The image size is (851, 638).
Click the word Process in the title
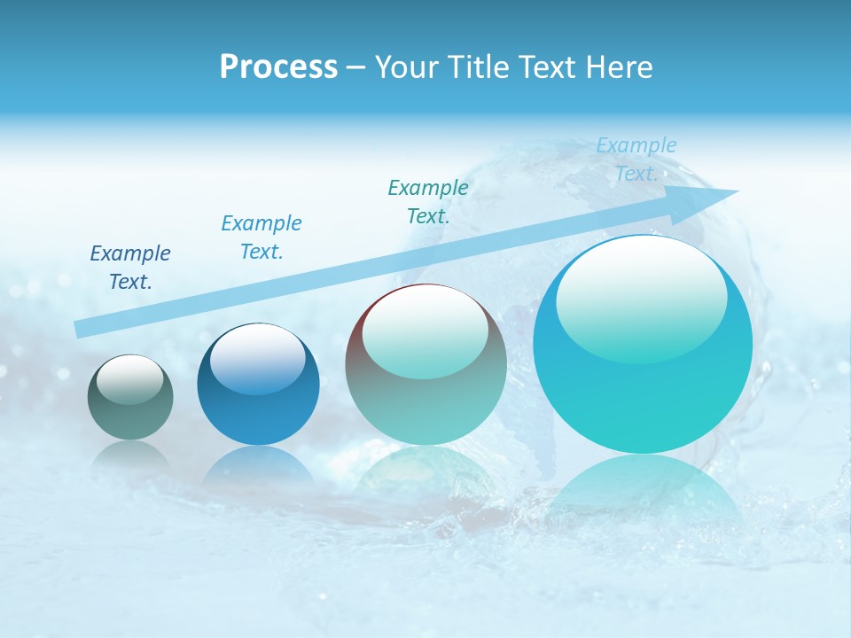(278, 67)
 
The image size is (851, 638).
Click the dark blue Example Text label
(130, 268)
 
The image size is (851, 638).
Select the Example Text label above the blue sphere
(262, 237)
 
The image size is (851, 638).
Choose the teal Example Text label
(428, 201)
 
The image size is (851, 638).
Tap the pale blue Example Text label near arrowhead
(636, 159)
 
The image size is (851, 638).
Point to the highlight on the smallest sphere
(130, 378)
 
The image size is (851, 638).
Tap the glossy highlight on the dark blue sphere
(258, 357)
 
